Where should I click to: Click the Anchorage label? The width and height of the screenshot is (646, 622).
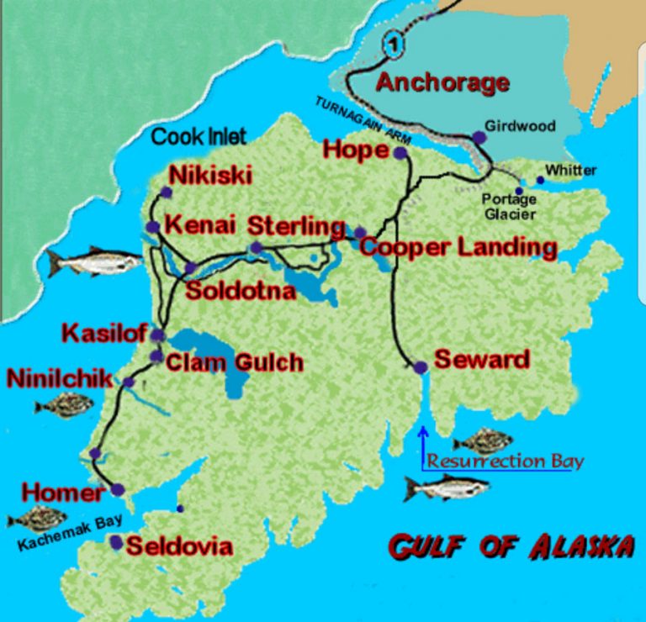[x=442, y=83]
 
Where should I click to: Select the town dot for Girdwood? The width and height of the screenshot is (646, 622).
[x=479, y=137]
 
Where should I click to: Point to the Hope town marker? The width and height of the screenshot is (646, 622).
[x=400, y=153]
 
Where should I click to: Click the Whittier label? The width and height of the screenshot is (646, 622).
[x=570, y=171]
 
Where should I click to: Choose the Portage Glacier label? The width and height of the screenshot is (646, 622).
[x=509, y=207]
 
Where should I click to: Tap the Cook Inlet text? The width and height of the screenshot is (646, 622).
[x=199, y=136]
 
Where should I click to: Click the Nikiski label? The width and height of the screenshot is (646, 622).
[x=210, y=175]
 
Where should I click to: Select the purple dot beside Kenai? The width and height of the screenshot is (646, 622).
[x=152, y=227]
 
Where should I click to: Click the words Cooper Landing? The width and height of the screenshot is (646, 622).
[x=458, y=247]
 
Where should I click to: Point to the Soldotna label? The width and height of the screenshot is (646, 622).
[x=241, y=292]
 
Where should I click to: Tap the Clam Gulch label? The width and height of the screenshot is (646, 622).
[x=234, y=362]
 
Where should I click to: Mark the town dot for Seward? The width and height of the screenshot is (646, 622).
[x=421, y=367]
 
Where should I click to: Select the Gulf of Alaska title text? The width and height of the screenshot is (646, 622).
[x=511, y=546]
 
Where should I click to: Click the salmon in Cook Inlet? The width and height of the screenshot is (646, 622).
[x=93, y=262]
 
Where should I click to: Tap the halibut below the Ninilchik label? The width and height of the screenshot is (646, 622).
[x=64, y=407]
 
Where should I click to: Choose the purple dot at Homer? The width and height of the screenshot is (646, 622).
[x=117, y=489]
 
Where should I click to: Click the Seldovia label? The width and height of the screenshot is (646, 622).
[x=178, y=546]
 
